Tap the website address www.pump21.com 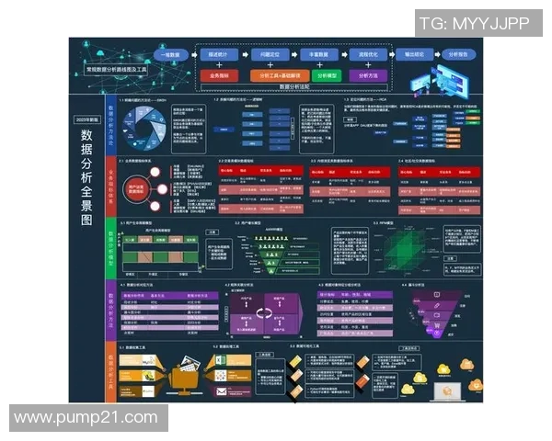tap(88, 418)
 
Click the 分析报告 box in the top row tap(456, 55)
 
